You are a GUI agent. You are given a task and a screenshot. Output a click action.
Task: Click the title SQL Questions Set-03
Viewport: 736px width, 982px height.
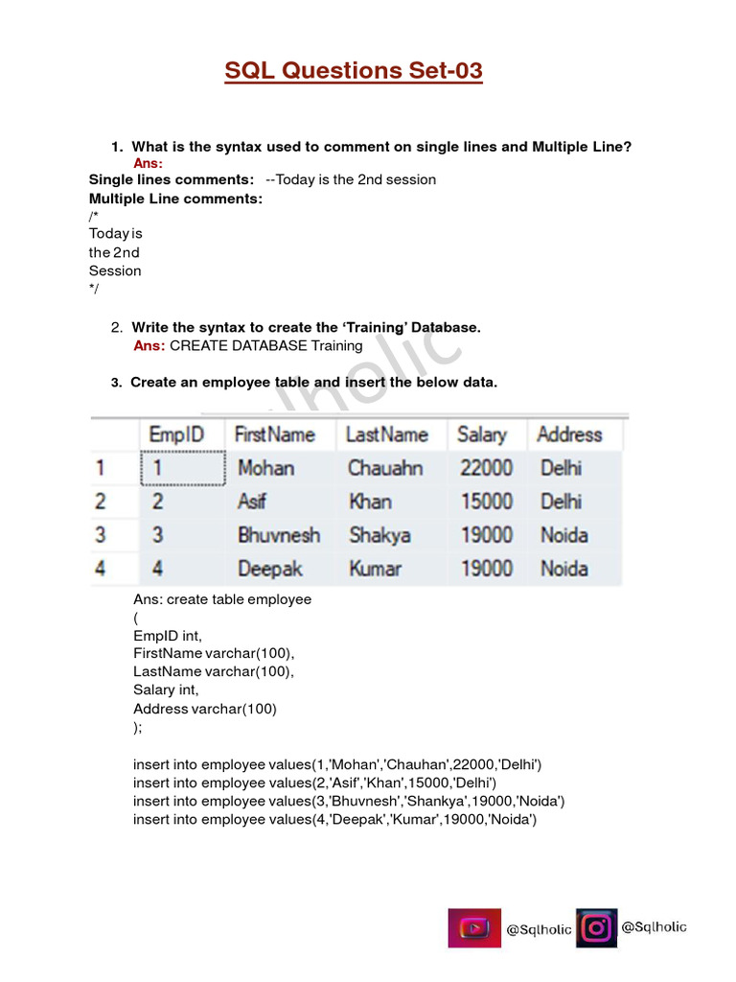tap(354, 71)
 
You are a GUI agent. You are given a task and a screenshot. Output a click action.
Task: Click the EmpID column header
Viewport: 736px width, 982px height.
tap(176, 434)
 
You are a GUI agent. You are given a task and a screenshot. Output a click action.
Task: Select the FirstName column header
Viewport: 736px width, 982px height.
tap(274, 434)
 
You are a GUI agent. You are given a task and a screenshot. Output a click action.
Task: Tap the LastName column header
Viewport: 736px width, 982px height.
tap(386, 434)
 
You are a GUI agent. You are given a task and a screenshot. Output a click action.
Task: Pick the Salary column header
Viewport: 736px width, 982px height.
tap(481, 434)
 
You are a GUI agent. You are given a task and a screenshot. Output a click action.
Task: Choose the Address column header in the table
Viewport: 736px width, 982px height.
tap(569, 434)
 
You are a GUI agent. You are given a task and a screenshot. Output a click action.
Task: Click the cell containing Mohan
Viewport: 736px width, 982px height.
tap(265, 468)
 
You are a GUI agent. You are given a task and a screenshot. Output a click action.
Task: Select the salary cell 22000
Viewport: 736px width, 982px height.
tap(486, 468)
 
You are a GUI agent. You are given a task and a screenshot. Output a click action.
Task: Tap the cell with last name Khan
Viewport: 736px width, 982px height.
tap(370, 502)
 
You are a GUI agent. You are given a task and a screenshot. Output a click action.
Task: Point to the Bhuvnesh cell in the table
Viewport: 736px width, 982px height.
tap(278, 535)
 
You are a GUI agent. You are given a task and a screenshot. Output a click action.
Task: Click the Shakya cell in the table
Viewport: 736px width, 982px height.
tap(379, 535)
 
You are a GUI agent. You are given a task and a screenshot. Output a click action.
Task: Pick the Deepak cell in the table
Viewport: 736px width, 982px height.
tap(269, 569)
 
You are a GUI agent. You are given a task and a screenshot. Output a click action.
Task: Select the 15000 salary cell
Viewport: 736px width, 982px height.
tap(486, 502)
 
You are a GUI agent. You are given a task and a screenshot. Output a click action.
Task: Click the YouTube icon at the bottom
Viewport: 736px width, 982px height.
tap(474, 928)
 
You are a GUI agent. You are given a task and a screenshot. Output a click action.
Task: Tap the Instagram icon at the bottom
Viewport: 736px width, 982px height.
tap(596, 928)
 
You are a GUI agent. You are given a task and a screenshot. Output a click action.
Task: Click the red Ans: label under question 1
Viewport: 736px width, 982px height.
tap(148, 164)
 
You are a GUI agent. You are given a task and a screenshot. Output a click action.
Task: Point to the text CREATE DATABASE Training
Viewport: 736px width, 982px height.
tap(265, 345)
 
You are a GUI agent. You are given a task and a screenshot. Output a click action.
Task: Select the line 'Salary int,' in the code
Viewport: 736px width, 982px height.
tap(166, 690)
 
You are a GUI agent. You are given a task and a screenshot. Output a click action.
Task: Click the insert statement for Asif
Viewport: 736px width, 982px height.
tap(314, 783)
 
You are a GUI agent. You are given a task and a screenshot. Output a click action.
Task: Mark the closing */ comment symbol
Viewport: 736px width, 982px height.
tap(94, 289)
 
